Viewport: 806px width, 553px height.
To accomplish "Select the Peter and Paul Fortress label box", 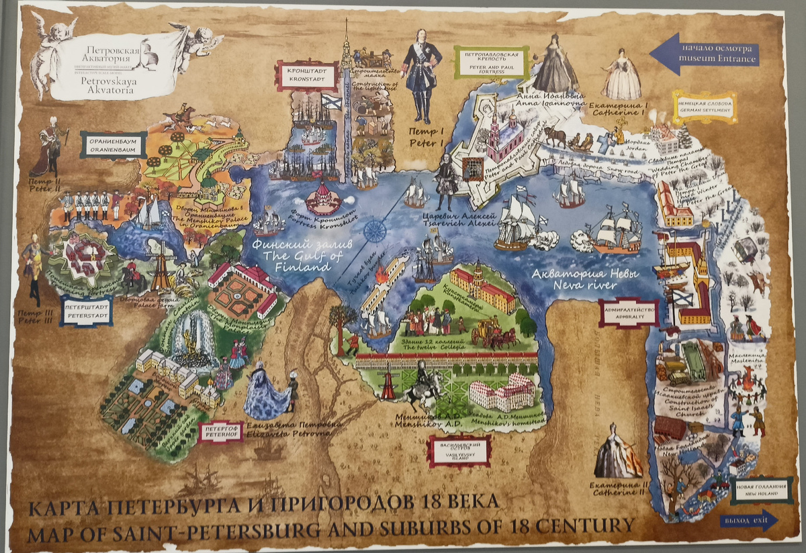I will click(490, 62).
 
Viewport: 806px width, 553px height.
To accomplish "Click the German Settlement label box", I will click(704, 106).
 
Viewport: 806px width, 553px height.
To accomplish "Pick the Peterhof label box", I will click(221, 431).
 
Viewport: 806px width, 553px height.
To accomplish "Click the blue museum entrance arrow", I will click(705, 54).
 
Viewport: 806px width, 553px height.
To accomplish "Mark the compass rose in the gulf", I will click(374, 230).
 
